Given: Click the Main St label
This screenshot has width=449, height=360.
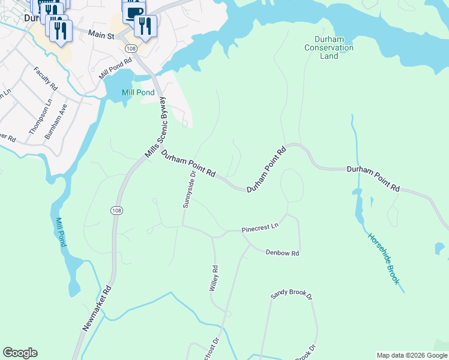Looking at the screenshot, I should click(x=101, y=35).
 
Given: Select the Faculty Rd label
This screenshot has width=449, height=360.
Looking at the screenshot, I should click(x=46, y=79).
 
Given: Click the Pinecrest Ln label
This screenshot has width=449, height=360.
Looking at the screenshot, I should click(x=261, y=228).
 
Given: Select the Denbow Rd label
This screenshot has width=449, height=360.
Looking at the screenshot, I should click(x=282, y=253).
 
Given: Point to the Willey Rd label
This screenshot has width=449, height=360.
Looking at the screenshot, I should click(x=213, y=278).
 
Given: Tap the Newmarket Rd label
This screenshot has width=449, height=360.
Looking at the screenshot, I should click(x=96, y=308).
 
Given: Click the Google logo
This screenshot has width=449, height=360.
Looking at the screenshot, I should click(x=20, y=353).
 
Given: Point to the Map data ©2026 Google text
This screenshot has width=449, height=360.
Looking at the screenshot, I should click(x=412, y=355).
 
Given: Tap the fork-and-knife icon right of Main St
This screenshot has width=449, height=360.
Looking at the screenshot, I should click(x=145, y=26).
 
